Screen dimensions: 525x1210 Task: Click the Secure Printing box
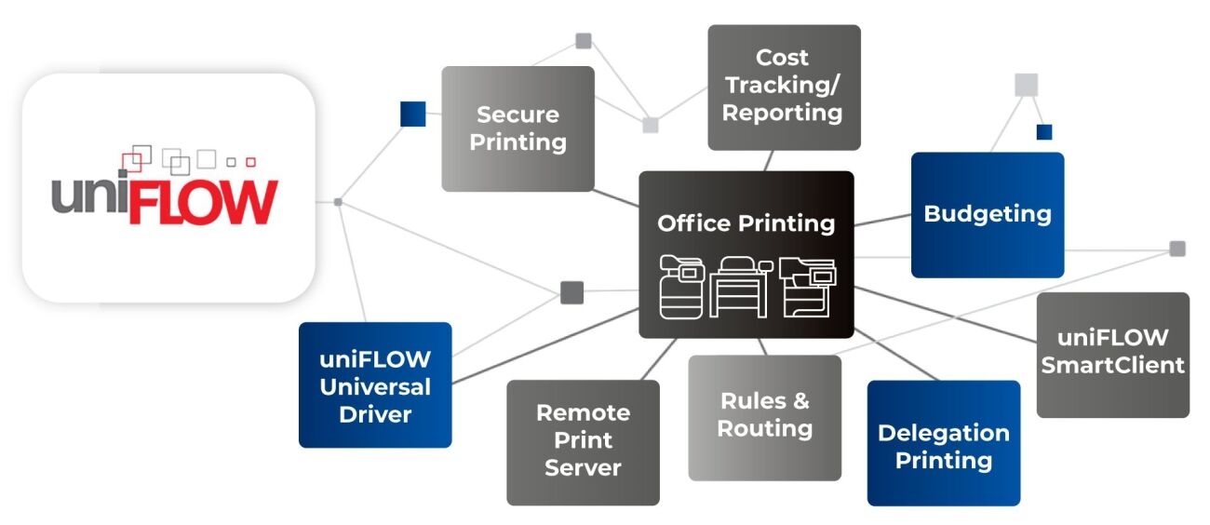tap(518, 128)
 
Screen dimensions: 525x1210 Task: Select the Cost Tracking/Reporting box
tap(783, 87)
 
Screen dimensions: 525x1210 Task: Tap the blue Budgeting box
tap(987, 214)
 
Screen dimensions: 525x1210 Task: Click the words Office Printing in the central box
tap(746, 223)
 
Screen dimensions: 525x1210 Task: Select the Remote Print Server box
tap(583, 441)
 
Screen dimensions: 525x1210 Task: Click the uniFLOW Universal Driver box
tap(375, 384)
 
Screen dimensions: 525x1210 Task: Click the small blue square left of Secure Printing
tap(412, 114)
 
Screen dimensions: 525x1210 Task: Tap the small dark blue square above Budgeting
tap(1044, 132)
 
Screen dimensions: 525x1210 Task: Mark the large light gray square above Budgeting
tap(1026, 85)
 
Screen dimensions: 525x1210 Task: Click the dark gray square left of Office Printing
tap(571, 292)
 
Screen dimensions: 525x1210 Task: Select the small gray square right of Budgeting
tap(1177, 249)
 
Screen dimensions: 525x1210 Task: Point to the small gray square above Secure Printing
tap(584, 41)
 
